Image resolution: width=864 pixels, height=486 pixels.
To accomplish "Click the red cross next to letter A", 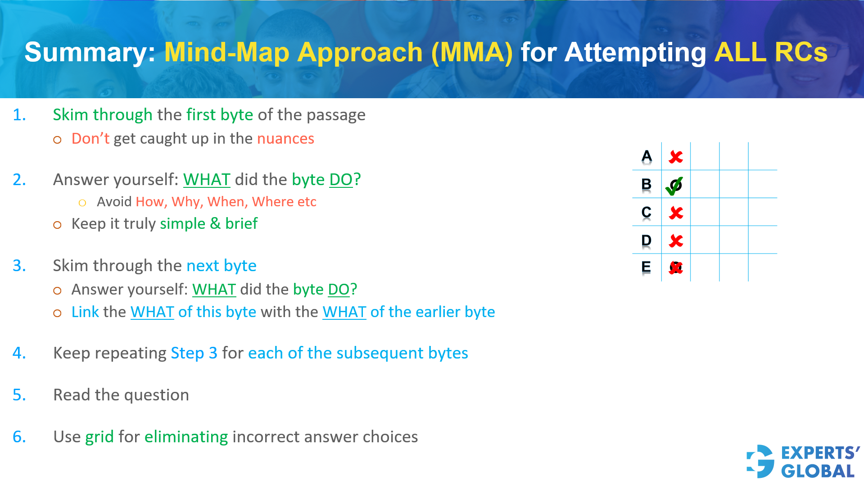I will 675,157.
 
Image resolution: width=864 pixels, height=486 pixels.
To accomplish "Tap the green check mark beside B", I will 674,186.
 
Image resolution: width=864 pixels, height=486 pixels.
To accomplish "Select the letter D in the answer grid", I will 646,241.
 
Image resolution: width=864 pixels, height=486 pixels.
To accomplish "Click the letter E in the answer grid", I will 646,267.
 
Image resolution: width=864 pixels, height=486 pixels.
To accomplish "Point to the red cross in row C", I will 676,213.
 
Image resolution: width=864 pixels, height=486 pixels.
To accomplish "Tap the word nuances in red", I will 285,139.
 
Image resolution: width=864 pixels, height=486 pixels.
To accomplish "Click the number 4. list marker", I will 19,353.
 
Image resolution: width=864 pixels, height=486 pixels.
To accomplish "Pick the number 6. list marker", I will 19,437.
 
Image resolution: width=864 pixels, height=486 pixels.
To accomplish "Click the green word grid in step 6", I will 100,437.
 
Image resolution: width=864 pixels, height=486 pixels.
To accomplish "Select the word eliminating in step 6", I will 186,437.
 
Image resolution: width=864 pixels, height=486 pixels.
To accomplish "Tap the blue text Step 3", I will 194,353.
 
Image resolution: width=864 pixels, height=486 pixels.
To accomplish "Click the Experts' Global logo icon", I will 760,461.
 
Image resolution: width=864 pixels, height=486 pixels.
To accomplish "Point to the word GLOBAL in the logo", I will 817,472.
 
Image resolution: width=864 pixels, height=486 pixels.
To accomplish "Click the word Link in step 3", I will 85,312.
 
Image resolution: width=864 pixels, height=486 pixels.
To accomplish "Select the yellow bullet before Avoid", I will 82,203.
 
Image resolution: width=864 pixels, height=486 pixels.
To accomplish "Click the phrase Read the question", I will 121,395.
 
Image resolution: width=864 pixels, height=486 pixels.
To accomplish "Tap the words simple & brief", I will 208,224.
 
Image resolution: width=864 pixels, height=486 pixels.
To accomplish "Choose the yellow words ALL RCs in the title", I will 770,52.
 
